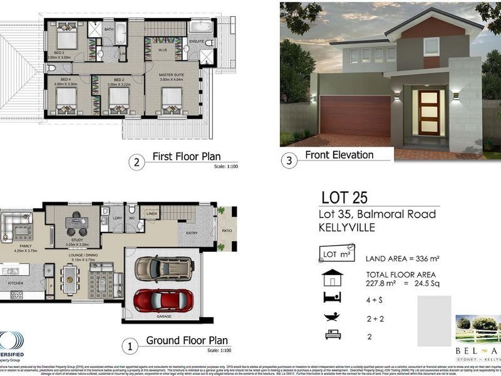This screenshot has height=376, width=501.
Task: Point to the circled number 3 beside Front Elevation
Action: coord(289,161)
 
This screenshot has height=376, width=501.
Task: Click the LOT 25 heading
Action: coord(344,198)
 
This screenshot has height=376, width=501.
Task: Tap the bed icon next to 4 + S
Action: coord(333,298)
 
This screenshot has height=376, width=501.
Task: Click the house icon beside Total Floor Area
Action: coord(333,278)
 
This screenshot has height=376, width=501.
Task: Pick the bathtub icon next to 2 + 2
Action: coord(333,317)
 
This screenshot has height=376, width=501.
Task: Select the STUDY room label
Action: coord(77,239)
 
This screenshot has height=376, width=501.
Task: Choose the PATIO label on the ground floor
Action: coord(226,230)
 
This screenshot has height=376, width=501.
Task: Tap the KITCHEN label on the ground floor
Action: coord(15,283)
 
